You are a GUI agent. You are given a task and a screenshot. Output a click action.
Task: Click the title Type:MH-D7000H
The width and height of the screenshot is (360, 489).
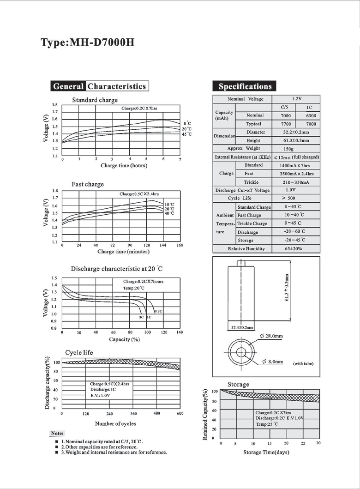[87, 42]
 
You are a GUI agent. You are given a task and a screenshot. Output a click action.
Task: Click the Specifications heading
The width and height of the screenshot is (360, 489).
[245, 86]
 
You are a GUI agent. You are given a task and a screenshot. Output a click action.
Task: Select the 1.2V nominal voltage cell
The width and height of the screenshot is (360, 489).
[297, 99]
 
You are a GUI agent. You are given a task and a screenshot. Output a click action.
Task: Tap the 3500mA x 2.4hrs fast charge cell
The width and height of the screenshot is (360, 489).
[297, 174]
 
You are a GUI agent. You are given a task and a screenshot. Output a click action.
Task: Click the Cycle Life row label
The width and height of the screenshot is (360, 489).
[240, 198]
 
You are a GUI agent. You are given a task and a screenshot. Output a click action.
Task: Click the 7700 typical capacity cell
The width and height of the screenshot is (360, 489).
[286, 124]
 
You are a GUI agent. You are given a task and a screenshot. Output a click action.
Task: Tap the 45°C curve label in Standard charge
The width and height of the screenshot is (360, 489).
[186, 134]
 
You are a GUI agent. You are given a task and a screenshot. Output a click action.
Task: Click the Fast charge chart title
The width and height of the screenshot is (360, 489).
[88, 184]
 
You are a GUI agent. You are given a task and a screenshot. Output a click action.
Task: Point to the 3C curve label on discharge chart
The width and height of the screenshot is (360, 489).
[141, 318]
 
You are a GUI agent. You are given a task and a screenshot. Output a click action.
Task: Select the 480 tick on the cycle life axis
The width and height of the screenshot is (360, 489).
[157, 414]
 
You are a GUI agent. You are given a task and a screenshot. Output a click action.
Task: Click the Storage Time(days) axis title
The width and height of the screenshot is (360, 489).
[266, 452]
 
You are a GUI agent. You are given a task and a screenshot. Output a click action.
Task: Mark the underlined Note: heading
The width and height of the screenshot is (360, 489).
[57, 434]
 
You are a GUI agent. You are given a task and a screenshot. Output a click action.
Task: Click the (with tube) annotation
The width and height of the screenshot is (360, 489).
[303, 363]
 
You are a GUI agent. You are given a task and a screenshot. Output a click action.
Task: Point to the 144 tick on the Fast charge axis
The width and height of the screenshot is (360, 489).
[163, 246]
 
